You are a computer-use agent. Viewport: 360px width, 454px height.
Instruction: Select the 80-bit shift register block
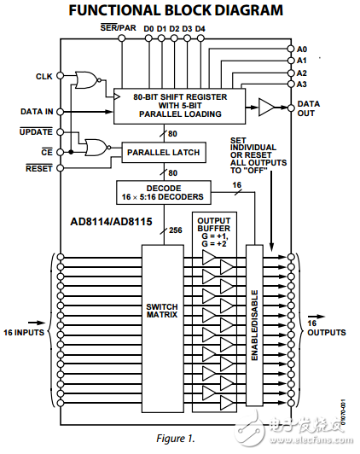coord(178,103)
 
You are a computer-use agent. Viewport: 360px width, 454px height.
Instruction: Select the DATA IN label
coord(38,111)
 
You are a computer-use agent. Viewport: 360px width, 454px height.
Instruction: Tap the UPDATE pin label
coord(37,132)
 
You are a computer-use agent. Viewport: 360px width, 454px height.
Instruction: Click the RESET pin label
coord(39,168)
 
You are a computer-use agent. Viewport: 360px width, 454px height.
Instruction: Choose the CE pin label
coord(48,150)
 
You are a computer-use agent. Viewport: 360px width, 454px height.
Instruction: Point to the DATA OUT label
coord(308,108)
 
